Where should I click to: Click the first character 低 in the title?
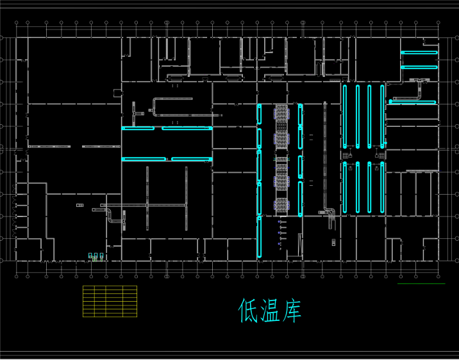tap(247, 311)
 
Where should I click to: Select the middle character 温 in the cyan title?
tap(269, 311)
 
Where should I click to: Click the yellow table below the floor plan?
tap(110, 301)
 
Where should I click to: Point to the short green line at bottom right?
tap(421, 283)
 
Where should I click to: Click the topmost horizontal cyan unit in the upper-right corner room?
tap(419, 53)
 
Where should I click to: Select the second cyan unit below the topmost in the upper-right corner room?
tap(419, 67)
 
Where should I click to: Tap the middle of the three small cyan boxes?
tap(96, 256)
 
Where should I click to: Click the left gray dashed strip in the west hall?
tap(49, 147)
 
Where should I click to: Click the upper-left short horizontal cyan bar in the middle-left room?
tap(138, 128)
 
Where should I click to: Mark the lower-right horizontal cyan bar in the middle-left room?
tap(191, 159)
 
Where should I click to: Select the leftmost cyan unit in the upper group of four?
tap(345, 115)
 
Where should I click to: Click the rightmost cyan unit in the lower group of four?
tap(383, 188)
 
